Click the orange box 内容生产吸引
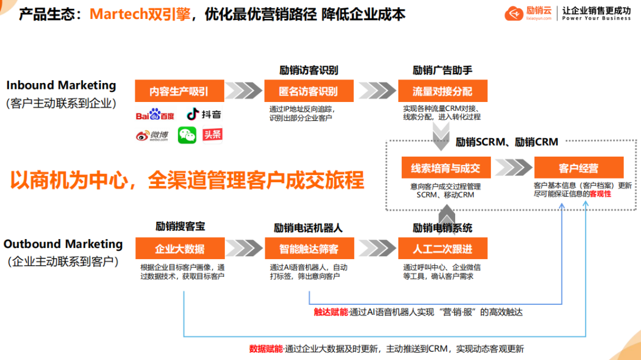(179, 91)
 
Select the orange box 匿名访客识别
(308, 91)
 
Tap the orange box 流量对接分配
(442, 91)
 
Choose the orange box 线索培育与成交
(445, 168)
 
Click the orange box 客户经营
(579, 168)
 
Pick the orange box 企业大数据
(180, 248)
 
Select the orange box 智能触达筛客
(309, 248)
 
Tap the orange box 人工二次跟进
(442, 248)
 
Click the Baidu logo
(155, 114)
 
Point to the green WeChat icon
(187, 136)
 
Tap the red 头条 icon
(212, 135)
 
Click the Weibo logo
(153, 136)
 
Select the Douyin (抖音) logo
(204, 114)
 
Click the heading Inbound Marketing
(62, 85)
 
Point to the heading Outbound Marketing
(63, 244)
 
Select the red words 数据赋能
(266, 349)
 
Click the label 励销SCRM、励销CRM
(507, 142)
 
